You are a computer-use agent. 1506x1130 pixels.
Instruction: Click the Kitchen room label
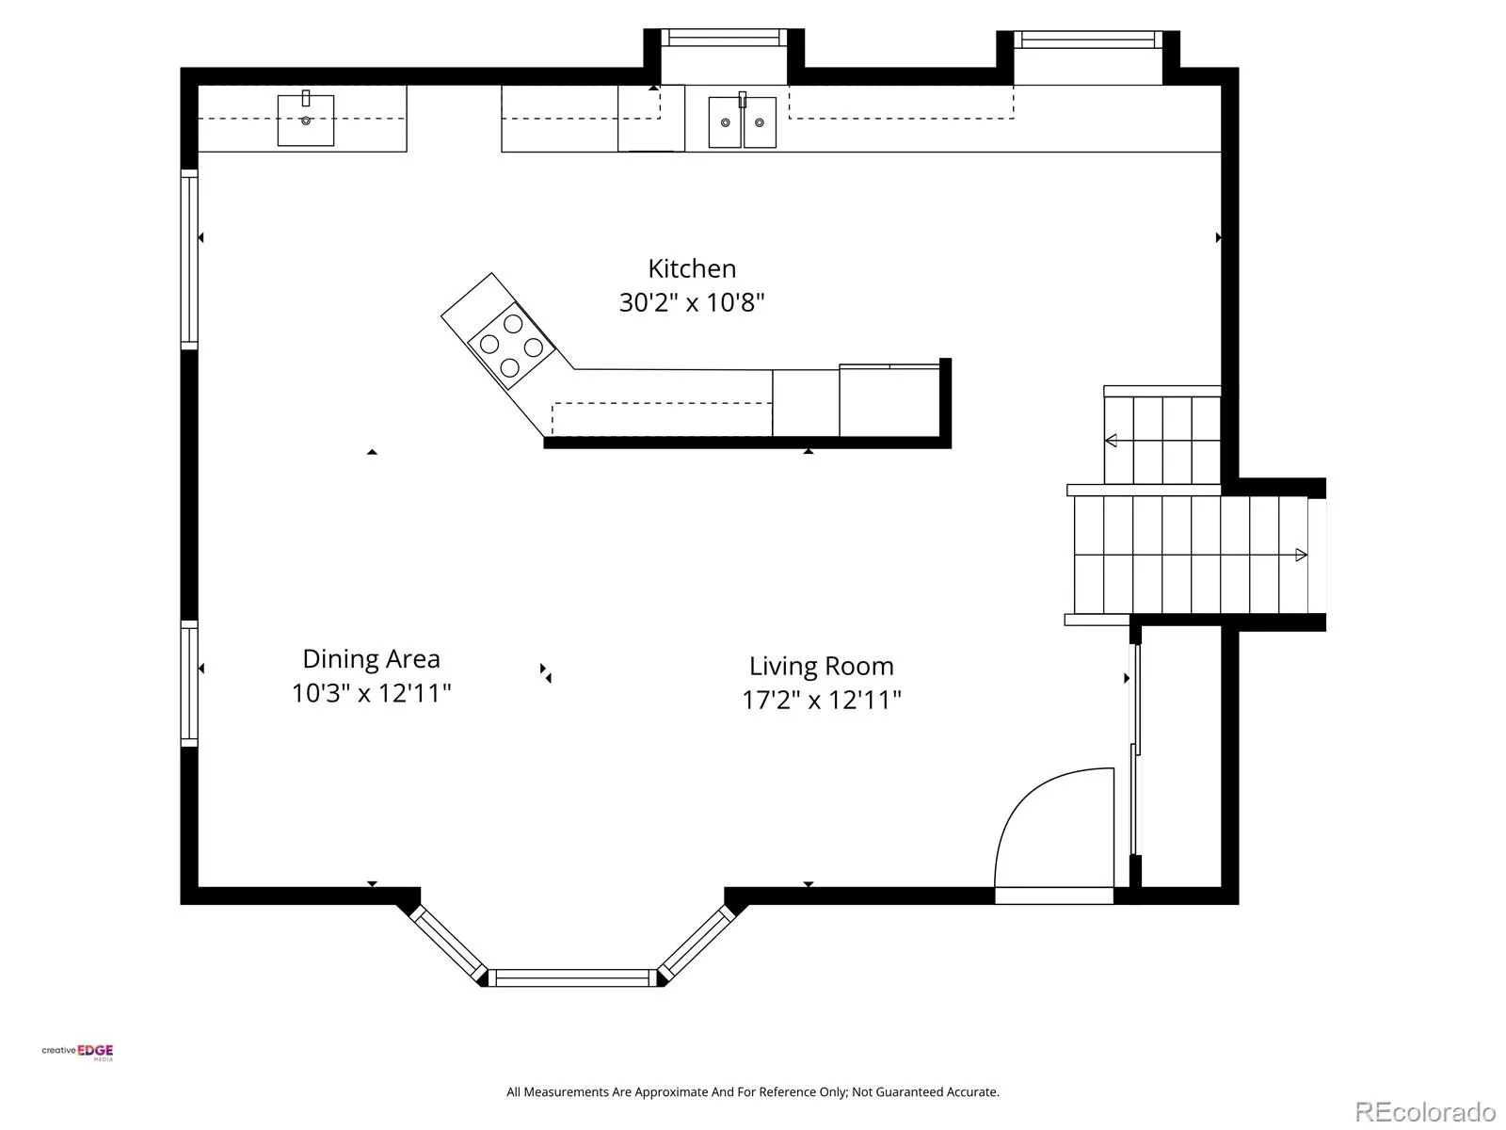pos(692,268)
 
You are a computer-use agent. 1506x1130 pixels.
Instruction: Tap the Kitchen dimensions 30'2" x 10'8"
pos(692,302)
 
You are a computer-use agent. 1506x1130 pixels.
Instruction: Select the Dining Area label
pos(371,658)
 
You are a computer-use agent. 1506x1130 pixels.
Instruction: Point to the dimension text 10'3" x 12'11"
pos(371,693)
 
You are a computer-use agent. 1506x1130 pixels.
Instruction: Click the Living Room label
pos(822,666)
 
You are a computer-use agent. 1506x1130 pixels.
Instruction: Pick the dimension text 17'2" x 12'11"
pos(822,700)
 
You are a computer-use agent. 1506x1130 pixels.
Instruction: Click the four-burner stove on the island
pos(511,345)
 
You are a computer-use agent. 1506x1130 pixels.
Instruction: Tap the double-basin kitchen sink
pos(743,122)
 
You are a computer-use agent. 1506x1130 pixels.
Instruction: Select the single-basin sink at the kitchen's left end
pos(305,121)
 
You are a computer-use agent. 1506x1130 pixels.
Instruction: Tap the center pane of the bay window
pos(572,977)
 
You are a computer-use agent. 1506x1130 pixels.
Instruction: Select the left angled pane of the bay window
pos(448,944)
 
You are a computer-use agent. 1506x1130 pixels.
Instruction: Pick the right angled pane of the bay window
pos(697,944)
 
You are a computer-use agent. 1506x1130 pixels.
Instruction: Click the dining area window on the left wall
pos(189,683)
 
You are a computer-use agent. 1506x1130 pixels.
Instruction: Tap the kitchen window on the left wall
pos(189,259)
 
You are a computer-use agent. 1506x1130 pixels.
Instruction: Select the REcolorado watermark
pos(1425,1111)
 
